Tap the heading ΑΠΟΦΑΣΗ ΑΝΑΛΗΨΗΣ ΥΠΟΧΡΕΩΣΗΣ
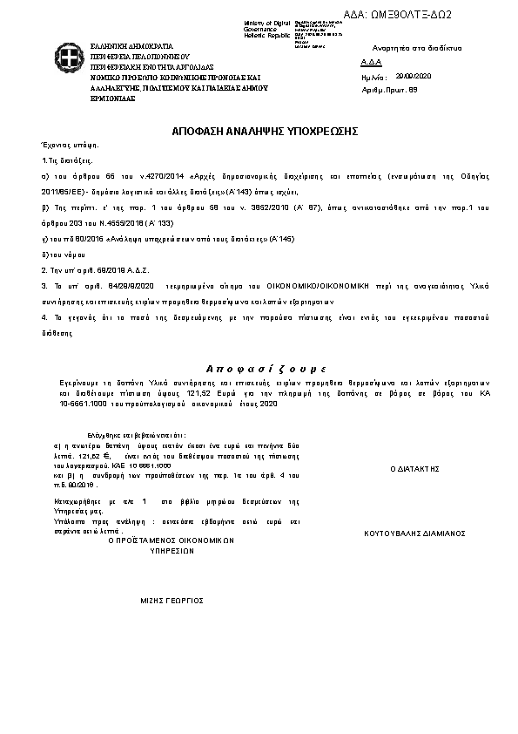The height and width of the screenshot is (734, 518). [x=259, y=130]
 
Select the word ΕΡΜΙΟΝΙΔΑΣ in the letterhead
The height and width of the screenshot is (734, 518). [x=114, y=98]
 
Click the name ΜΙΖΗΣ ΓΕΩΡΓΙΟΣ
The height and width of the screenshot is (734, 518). [x=172, y=601]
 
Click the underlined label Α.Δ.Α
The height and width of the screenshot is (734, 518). [x=369, y=63]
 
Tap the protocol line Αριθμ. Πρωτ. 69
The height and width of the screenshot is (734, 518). [x=388, y=90]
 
